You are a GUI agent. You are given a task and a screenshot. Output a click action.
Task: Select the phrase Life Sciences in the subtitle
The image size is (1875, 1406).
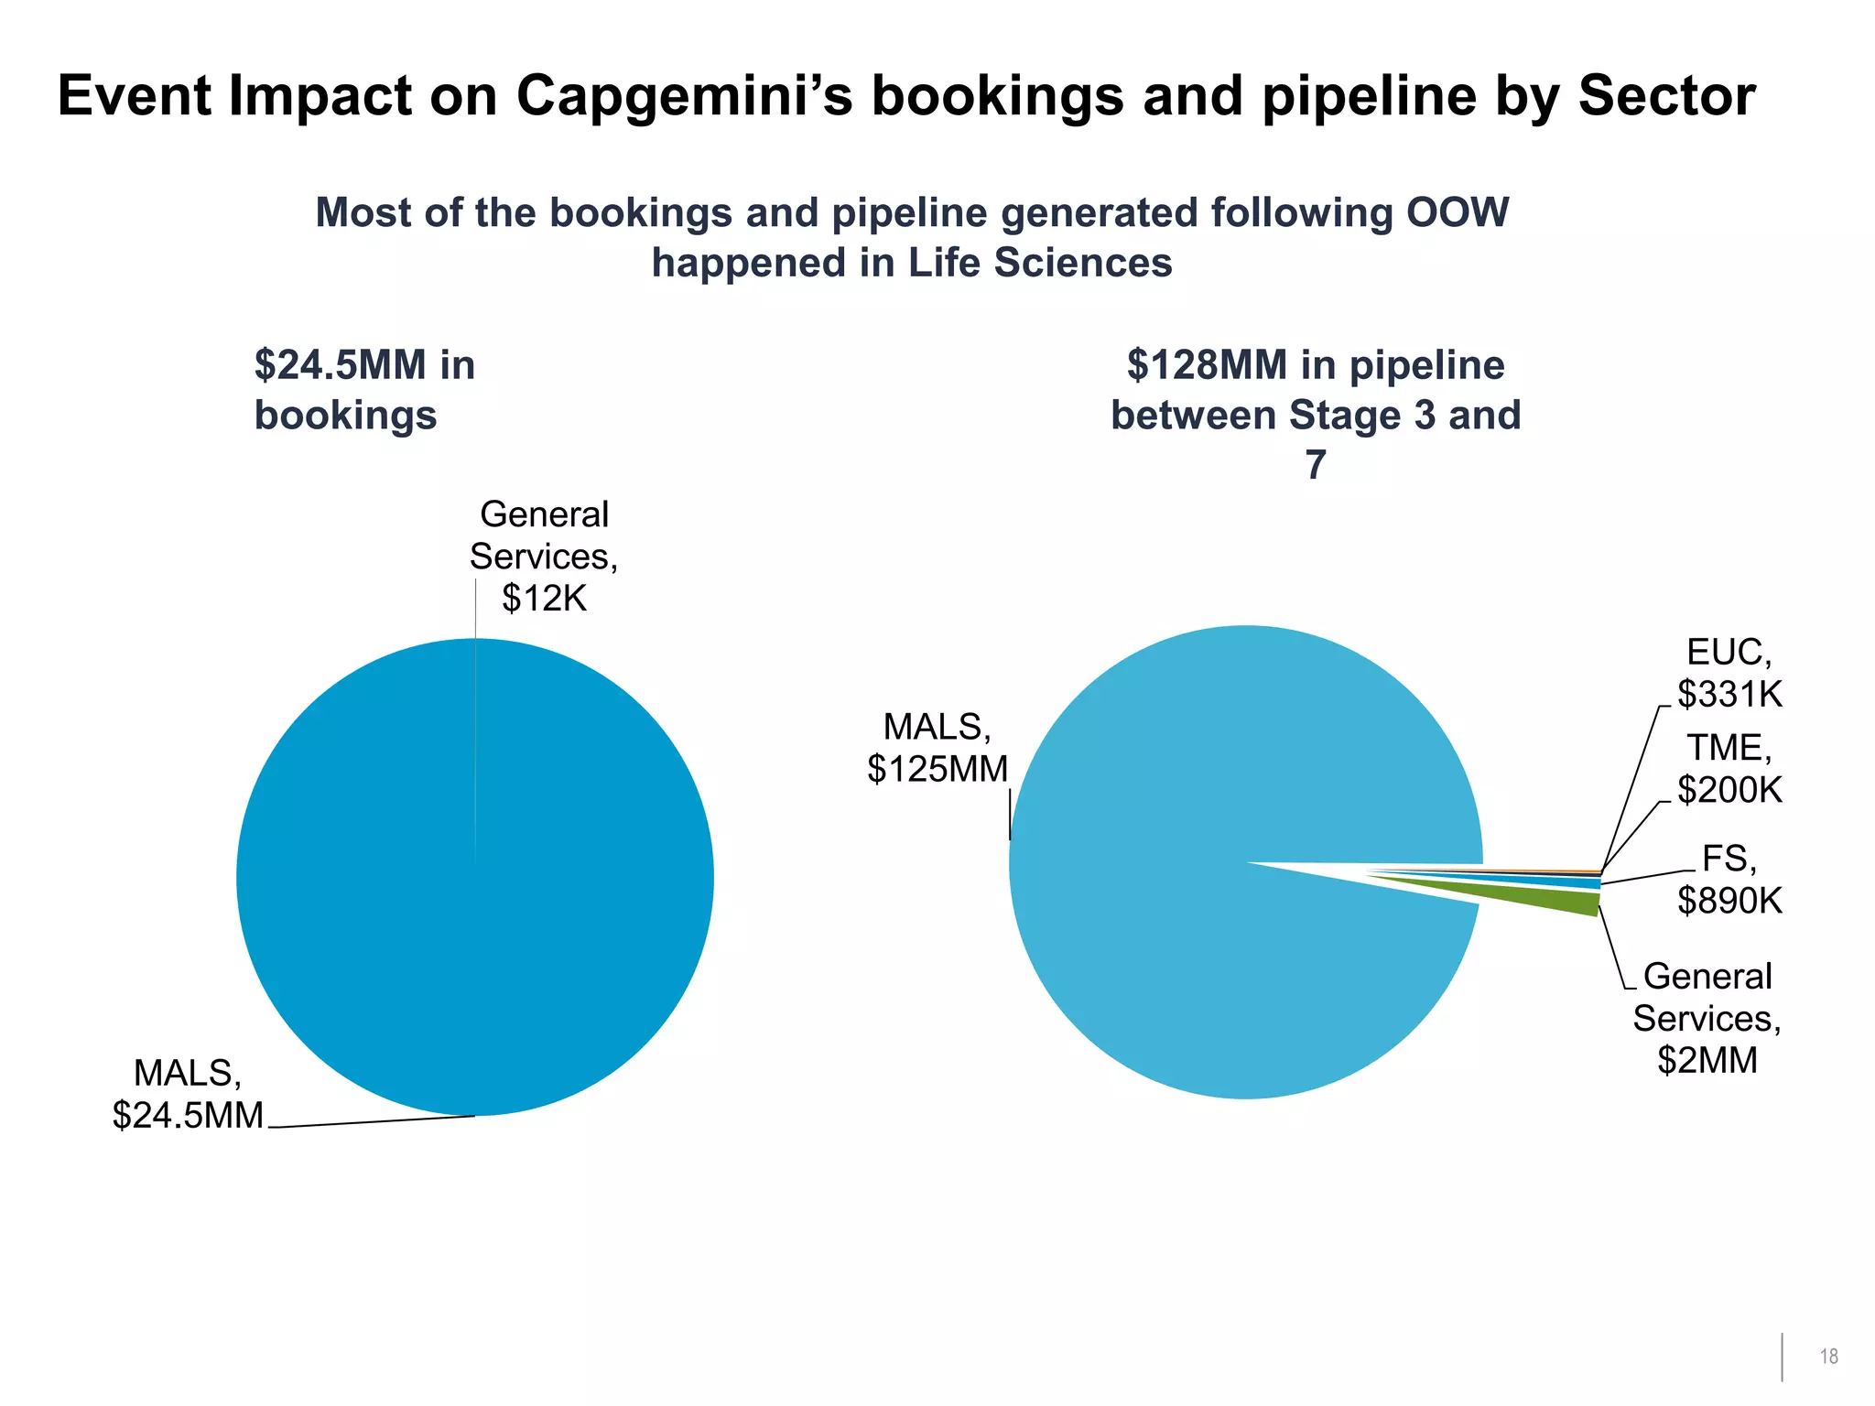coord(1040,263)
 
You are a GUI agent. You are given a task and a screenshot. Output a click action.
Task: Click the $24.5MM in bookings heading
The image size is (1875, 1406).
coord(364,390)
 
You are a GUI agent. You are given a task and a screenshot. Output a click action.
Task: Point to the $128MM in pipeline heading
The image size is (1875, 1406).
coord(1316,365)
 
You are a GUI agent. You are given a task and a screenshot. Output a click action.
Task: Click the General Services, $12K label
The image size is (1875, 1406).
coord(544,556)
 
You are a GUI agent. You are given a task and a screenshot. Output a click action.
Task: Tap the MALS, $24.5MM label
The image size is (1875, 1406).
coord(188,1094)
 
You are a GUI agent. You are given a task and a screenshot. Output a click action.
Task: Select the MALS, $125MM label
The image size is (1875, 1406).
coord(937,748)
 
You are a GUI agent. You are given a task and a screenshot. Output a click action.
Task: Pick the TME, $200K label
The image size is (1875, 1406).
coord(1729,769)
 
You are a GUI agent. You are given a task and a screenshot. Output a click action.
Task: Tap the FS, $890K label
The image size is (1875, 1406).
coord(1729,880)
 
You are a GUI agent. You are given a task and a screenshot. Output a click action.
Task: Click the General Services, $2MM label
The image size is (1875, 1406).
coord(1707,1018)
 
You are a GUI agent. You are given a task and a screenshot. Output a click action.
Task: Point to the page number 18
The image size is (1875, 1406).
coord(1828,1357)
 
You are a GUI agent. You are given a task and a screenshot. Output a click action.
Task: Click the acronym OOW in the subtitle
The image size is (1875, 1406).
coord(1457,212)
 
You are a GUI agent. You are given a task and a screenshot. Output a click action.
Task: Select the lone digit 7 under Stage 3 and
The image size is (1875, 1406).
coord(1316,465)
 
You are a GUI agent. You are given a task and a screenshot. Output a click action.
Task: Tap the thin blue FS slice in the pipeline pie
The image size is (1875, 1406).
coord(1556,881)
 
